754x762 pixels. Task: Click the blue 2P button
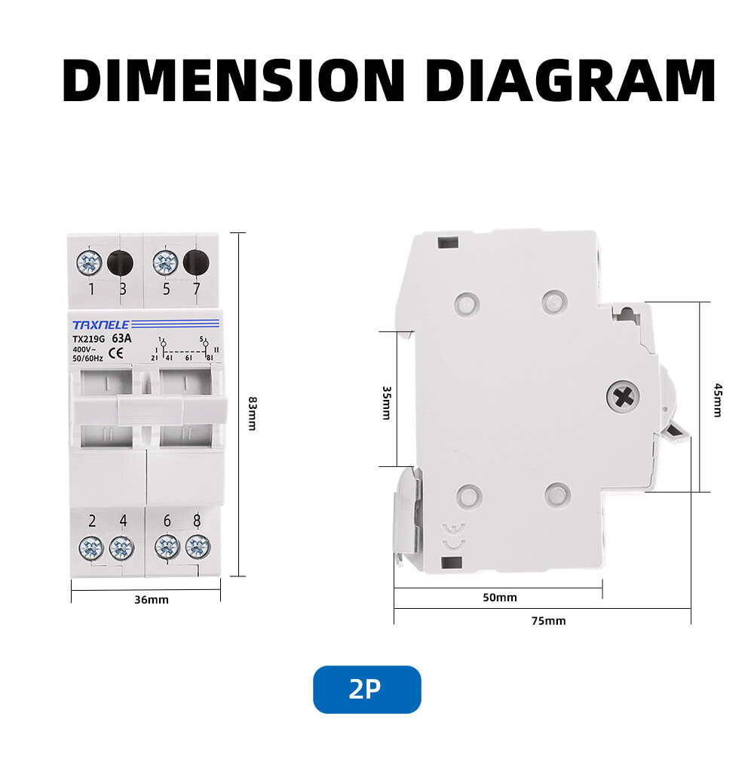[x=366, y=689]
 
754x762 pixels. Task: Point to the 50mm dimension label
[x=500, y=598]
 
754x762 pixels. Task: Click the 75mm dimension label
[x=548, y=621]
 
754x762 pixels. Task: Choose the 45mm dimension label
[x=717, y=400]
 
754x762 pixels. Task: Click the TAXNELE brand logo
[x=101, y=324]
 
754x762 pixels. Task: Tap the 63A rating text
[x=121, y=338]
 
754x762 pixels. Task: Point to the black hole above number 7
[x=196, y=263]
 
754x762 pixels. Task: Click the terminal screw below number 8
[x=198, y=548]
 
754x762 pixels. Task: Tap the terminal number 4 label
[x=122, y=521]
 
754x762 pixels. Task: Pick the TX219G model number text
[x=89, y=339]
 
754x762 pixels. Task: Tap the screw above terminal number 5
[x=165, y=263]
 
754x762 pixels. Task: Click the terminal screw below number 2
[x=90, y=548]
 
